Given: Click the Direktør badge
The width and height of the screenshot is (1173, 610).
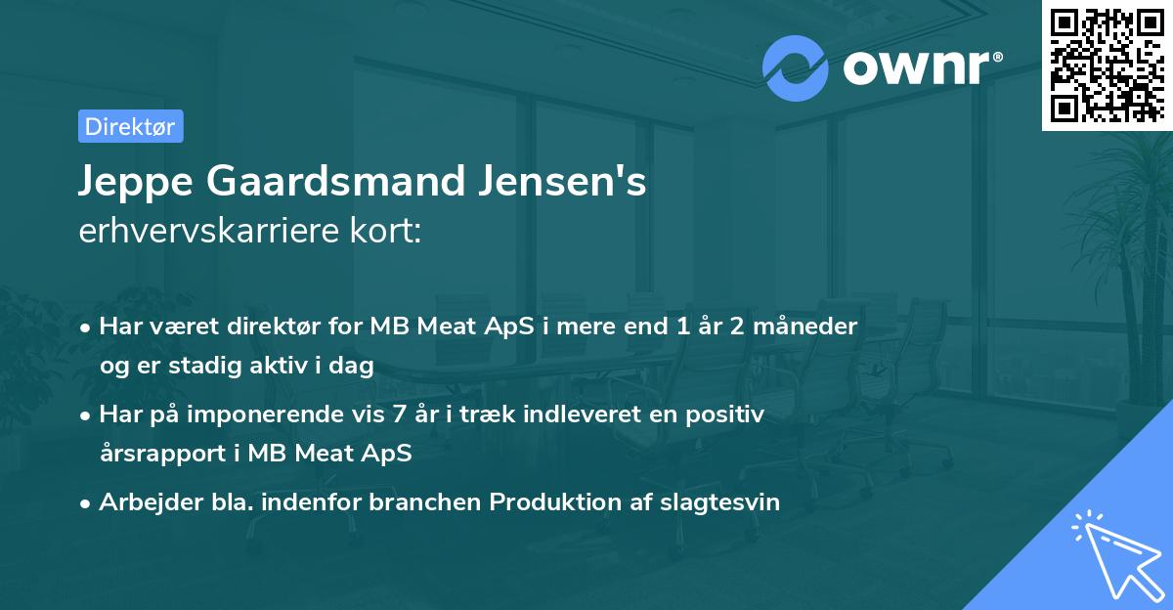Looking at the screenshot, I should [x=130, y=126].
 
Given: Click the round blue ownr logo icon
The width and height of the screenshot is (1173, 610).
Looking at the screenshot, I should [x=796, y=67].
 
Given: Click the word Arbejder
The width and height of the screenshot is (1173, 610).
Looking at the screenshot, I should [x=142, y=502].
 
